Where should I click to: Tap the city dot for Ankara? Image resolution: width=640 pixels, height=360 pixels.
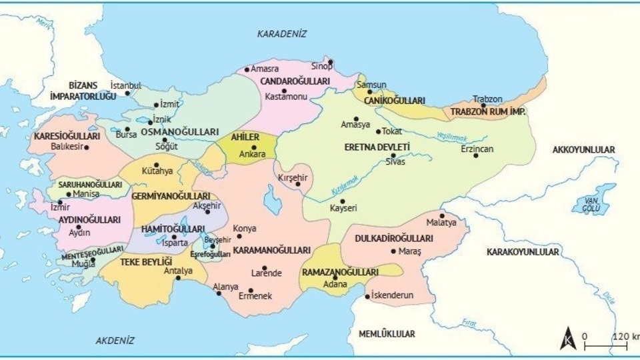tap(254, 147)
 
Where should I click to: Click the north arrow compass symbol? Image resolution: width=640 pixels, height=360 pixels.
tap(568, 339)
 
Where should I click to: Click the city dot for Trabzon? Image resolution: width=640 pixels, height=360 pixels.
tap(483, 105)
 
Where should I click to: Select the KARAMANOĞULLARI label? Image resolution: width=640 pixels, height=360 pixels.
tap(272, 251)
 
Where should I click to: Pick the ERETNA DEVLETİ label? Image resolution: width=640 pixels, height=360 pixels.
tap(377, 147)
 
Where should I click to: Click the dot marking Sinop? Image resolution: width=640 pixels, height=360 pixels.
tap(331, 62)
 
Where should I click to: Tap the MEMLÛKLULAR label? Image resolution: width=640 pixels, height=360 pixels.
tap(387, 333)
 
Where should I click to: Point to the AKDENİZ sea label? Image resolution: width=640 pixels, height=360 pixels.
tap(115, 340)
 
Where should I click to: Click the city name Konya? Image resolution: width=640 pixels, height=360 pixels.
tap(245, 229)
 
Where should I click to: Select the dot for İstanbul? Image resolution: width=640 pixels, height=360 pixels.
tap(127, 93)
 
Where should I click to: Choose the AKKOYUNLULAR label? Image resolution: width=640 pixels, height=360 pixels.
tap(584, 149)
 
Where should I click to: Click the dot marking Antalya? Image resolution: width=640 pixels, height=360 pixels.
tap(178, 278)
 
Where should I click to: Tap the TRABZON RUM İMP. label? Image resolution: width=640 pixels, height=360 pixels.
tap(488, 111)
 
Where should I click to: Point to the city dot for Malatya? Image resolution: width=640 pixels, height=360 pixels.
tap(441, 215)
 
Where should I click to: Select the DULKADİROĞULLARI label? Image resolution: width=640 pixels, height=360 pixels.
tap(394, 238)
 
